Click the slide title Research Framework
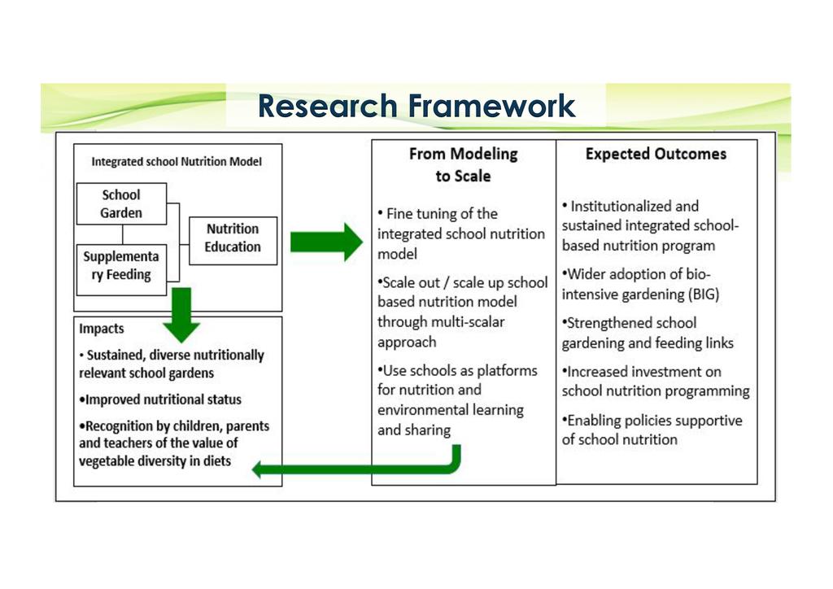coord(416,106)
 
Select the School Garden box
coord(121,204)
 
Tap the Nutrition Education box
coord(233,238)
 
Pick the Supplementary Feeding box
coord(121,265)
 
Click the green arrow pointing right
coord(325,242)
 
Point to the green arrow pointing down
coord(181,314)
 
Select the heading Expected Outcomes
coord(656,154)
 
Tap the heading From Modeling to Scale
coord(463,164)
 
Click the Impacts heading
coord(102,329)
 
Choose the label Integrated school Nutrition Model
coord(177,162)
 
